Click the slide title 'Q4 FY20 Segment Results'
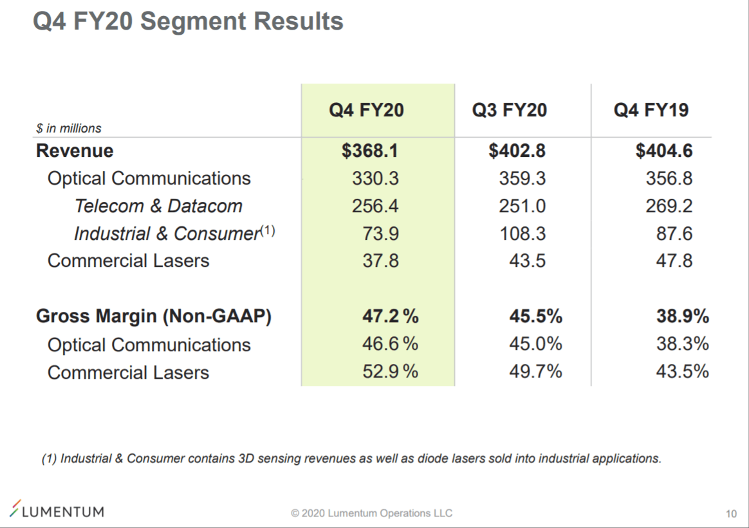tap(188, 22)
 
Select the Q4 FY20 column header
tap(366, 110)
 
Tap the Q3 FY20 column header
tap(509, 110)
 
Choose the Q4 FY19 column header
tap(651, 110)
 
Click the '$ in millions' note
tap(69, 129)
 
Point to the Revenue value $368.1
tap(370, 151)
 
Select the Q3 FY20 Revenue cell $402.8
tap(517, 151)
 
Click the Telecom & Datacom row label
tap(158, 206)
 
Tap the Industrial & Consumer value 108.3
tap(522, 233)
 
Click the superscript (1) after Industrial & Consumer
tap(267, 230)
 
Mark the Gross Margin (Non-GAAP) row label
tap(154, 316)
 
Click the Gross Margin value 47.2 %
tap(390, 316)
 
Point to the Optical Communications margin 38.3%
tap(682, 344)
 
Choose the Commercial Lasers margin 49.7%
tap(535, 372)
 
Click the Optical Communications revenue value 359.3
tap(522, 179)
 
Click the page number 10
tap(730, 514)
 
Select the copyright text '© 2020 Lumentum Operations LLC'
tap(371, 513)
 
